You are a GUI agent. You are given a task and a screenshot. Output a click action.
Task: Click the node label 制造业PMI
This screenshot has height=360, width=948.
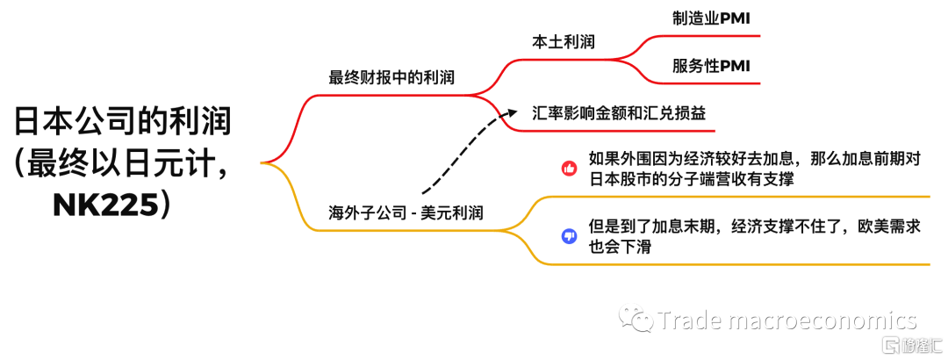click(x=711, y=18)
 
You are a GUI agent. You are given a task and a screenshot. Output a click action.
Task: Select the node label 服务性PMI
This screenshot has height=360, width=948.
click(x=711, y=66)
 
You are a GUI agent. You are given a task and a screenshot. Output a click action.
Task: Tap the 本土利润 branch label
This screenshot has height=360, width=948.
click(x=563, y=42)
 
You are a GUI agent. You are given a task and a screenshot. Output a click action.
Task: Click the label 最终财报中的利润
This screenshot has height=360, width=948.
click(x=391, y=77)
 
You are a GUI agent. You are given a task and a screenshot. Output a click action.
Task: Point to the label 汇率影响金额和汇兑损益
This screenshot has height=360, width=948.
click(x=619, y=113)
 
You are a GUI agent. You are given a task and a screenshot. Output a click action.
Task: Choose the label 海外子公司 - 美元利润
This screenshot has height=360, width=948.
click(x=406, y=213)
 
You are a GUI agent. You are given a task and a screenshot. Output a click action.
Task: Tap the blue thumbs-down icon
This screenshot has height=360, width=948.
click(x=569, y=236)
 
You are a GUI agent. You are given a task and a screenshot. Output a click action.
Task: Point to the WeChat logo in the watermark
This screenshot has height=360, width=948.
click(x=635, y=318)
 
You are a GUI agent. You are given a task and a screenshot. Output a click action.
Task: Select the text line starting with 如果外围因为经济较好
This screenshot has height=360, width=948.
click(x=755, y=161)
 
